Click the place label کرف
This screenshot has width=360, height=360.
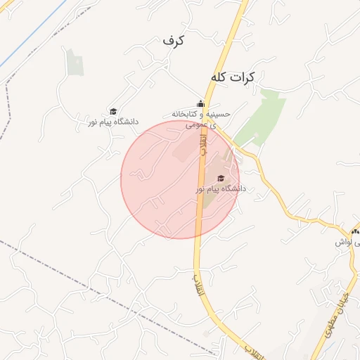[x=172, y=40]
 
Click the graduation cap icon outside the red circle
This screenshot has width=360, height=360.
[x=112, y=111]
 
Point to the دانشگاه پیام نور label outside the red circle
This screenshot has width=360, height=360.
[x=112, y=122]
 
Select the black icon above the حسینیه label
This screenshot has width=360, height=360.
[x=200, y=103]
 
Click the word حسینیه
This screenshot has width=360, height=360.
[x=218, y=113]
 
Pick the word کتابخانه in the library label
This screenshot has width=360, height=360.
[x=186, y=113]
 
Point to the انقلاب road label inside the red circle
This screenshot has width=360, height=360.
[x=203, y=144]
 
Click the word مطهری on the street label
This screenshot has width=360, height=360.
[x=328, y=324]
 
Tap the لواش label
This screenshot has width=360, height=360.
[x=343, y=242]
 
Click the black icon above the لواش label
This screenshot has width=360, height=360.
[x=354, y=231]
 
